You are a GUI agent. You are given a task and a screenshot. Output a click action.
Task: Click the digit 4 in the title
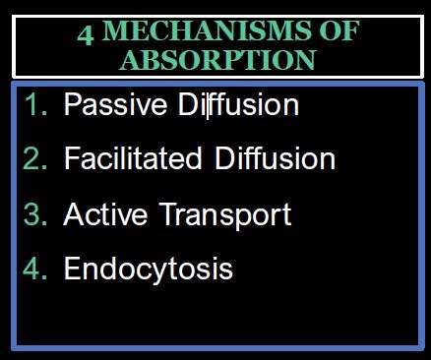pyautogui.click(x=86, y=32)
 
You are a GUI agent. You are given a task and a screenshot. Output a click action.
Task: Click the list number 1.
pyautogui.click(x=37, y=106)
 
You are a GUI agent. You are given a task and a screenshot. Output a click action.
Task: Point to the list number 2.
pyautogui.click(x=37, y=159)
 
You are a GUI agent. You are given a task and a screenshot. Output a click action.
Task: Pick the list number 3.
pyautogui.click(x=37, y=213)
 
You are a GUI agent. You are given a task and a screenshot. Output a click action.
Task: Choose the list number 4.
pyautogui.click(x=37, y=268)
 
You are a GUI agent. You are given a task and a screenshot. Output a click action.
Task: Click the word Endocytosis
pyautogui.click(x=148, y=269)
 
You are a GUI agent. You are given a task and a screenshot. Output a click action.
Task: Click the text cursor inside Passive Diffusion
pyautogui.click(x=207, y=106)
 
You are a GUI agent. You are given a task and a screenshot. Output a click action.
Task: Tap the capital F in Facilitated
pyautogui.click(x=71, y=159)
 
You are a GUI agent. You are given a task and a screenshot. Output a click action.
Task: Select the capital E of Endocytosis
pyautogui.click(x=72, y=268)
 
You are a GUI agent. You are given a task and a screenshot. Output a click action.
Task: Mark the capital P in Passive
pyautogui.click(x=72, y=106)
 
